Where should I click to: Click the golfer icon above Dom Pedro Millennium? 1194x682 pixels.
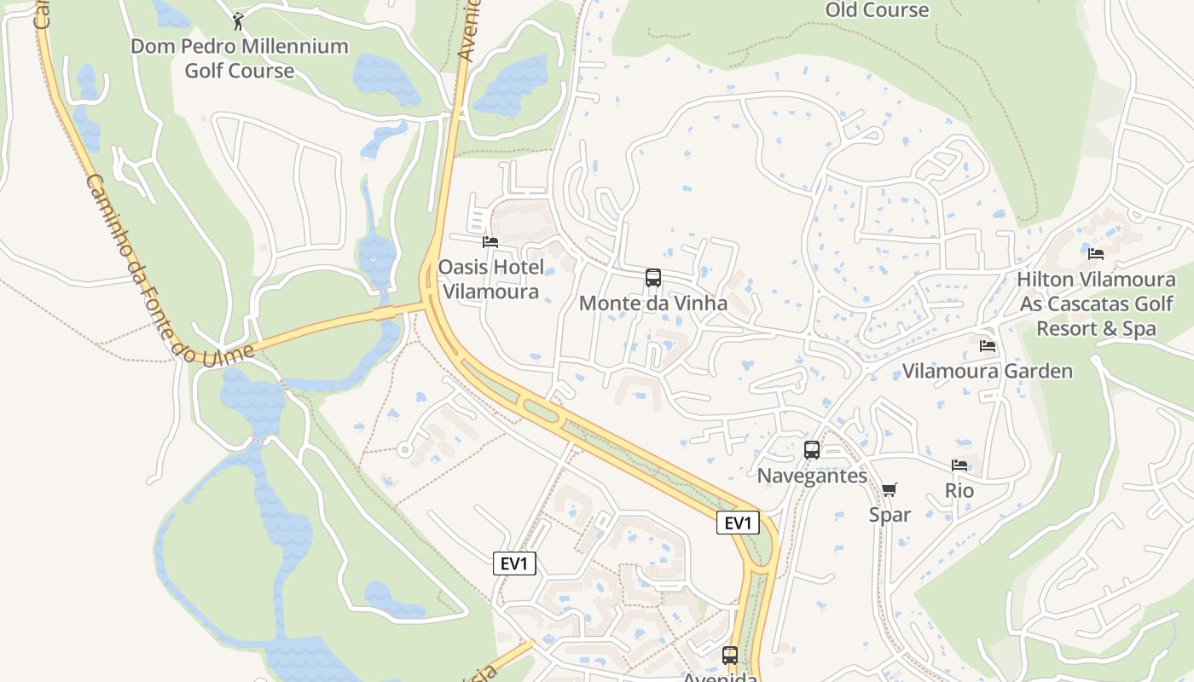[x=238, y=21]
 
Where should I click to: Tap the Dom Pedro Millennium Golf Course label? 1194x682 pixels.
[x=240, y=58]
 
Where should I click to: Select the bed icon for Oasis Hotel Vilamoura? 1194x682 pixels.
[x=490, y=242]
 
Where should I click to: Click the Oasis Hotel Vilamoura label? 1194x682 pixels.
[x=490, y=280]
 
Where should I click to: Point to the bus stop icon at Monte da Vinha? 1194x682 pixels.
[x=653, y=278]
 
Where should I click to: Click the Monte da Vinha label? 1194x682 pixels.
[x=653, y=303]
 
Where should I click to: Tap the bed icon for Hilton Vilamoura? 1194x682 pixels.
[x=1096, y=254]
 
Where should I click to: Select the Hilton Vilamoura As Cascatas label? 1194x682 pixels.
[x=1096, y=303]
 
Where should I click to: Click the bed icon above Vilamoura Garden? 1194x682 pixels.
[x=988, y=346]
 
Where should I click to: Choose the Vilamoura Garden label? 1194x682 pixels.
[x=988, y=371]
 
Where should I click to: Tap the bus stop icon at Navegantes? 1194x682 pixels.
[x=812, y=450]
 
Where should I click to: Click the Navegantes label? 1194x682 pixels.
[x=812, y=476]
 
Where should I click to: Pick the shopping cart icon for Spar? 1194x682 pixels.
[x=890, y=490]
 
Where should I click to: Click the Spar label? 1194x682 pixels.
[x=890, y=515]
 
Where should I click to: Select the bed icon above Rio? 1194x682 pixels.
[x=959, y=465]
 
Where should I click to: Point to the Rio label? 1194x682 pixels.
[x=959, y=491]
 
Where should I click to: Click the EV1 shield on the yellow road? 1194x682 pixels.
[x=738, y=523]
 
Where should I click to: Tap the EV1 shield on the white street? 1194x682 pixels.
[x=514, y=564]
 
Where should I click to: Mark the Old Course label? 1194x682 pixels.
[x=877, y=10]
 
